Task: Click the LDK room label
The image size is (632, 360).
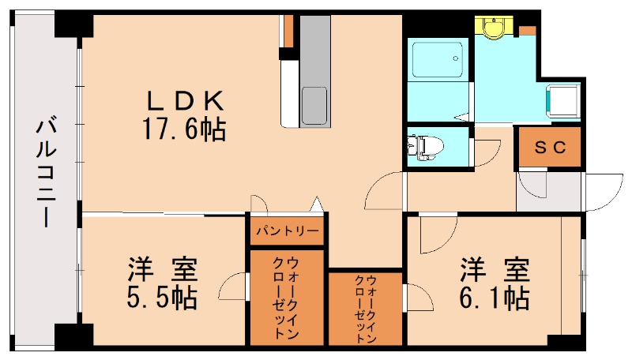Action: click(186, 100)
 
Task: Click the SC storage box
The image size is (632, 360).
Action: click(550, 147)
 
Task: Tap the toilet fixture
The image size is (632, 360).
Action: click(424, 146)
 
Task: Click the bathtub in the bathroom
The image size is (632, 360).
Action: click(438, 58)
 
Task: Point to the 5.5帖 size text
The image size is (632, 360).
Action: click(161, 298)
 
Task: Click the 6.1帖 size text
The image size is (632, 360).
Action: click(494, 298)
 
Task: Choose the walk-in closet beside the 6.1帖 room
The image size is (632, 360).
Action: click(366, 308)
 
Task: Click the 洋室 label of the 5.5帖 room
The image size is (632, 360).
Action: click(162, 269)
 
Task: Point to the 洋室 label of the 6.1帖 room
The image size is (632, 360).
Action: click(494, 269)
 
